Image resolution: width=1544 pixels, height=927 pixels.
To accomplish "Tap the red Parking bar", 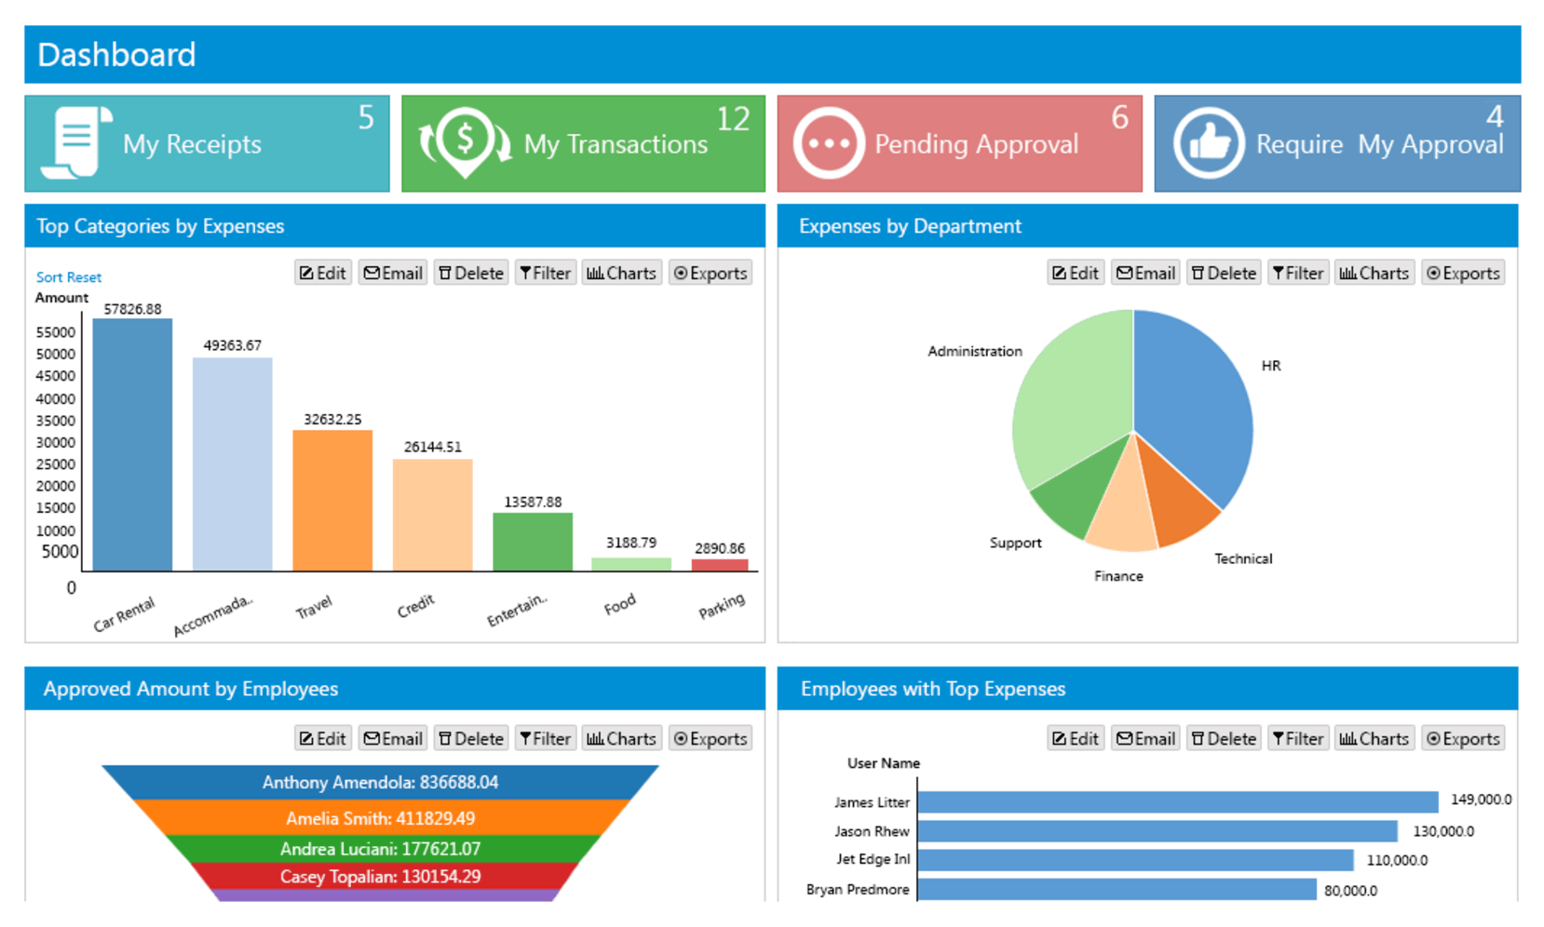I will pos(719,565).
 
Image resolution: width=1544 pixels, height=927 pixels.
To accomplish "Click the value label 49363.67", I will pos(232,345).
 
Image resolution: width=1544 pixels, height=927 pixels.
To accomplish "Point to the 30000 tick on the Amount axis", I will pos(56,442).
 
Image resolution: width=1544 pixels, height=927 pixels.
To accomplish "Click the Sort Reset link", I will pos(69,277).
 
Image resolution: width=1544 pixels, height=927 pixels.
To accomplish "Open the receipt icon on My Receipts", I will pos(76,142).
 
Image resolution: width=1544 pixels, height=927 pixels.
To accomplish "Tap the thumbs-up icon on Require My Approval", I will pos(1208,143).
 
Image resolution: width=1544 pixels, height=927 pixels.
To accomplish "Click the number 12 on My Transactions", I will pos(733,119).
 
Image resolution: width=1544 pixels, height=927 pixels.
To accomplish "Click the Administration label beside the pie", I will pos(974,351).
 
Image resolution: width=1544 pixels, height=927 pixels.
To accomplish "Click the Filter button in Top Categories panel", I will pos(546,273).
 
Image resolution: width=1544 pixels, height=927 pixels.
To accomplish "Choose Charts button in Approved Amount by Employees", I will pos(621,738).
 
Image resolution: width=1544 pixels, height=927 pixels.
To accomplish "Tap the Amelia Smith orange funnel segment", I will pos(380,818).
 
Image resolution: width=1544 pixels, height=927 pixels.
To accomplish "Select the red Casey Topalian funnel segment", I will pos(380,877).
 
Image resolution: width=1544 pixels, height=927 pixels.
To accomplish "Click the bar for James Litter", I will pos(1177,801).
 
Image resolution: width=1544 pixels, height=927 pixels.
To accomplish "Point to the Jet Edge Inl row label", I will pos(873,859).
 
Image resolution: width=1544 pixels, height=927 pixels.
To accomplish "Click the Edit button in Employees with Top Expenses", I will pos(1076,738).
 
